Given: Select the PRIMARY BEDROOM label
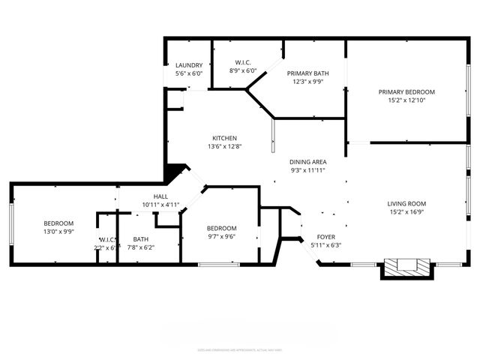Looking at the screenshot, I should [x=406, y=91].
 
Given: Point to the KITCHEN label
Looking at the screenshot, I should [x=224, y=138].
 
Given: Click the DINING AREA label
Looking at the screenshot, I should [x=307, y=162].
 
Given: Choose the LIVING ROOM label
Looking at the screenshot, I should [x=406, y=203].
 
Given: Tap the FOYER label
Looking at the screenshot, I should [x=325, y=236].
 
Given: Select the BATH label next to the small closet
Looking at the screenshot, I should [x=141, y=239].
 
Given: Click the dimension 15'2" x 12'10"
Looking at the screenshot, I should [x=406, y=100].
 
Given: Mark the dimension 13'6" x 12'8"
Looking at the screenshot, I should [x=224, y=146].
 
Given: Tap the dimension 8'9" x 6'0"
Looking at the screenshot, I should [x=242, y=71].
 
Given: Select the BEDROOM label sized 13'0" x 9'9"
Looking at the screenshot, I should [x=58, y=223].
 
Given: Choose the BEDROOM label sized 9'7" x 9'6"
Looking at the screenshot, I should [x=221, y=228].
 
